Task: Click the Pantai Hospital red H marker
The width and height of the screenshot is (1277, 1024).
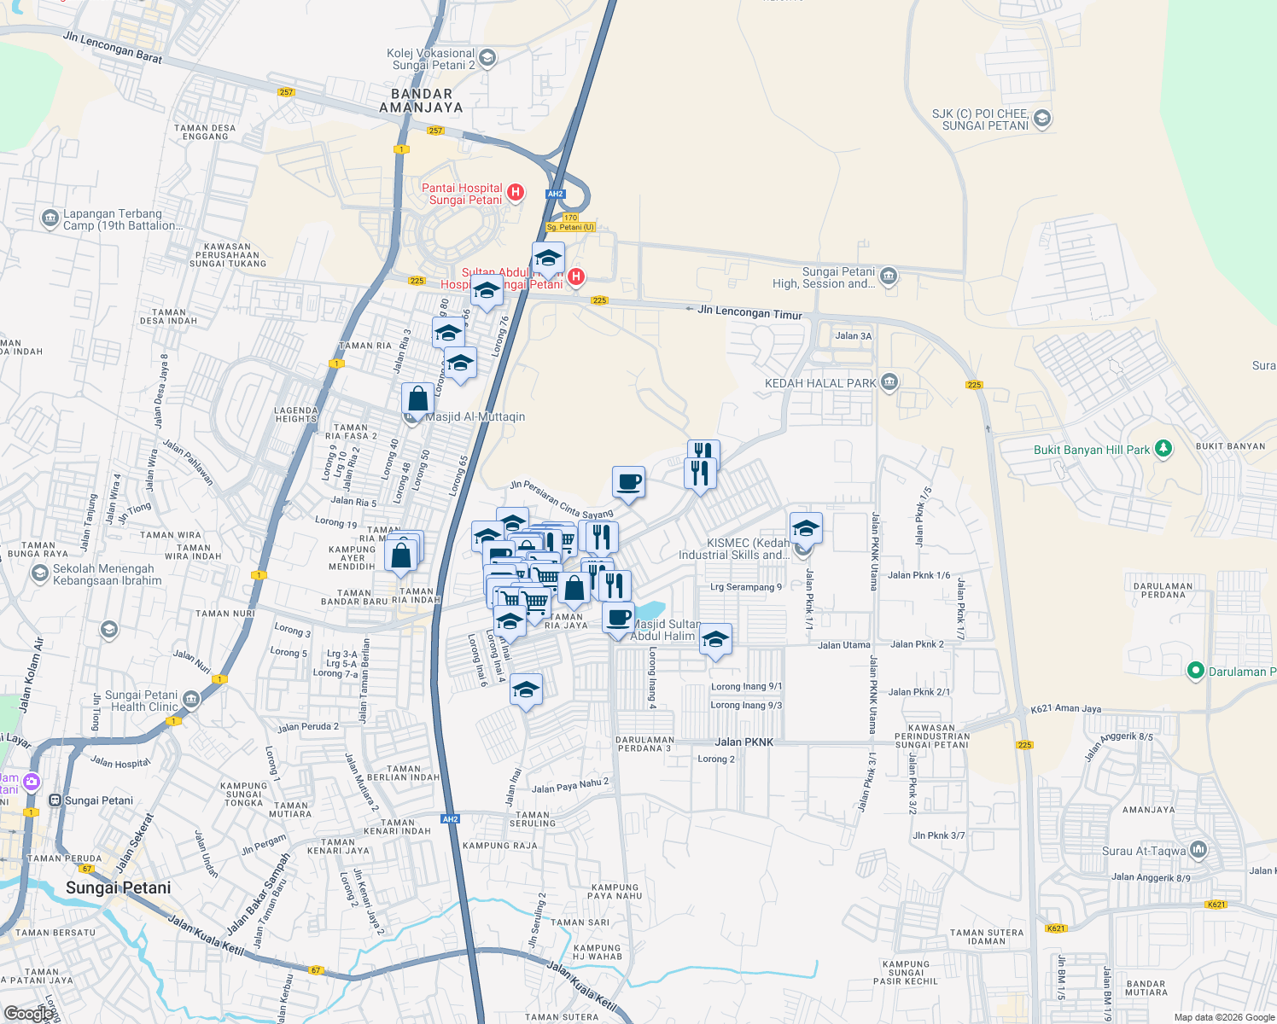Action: [x=516, y=192]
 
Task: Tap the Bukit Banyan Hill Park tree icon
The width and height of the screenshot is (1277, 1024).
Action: [x=1163, y=449]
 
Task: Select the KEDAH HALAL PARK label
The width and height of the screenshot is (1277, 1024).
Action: [x=820, y=383]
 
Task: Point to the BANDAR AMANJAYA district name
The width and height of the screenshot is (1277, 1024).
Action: [x=422, y=101]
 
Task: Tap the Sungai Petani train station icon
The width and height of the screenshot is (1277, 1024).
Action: [x=55, y=800]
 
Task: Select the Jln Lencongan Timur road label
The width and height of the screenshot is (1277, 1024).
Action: [x=749, y=312]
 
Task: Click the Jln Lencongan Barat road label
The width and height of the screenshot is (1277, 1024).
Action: [x=113, y=47]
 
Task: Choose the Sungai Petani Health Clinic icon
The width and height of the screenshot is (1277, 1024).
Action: [x=190, y=700]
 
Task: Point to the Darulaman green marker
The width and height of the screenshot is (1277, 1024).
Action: [x=1196, y=672]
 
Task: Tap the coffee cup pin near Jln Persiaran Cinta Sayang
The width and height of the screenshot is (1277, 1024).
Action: [x=628, y=482]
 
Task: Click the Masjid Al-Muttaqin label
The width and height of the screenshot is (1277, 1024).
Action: [x=475, y=416]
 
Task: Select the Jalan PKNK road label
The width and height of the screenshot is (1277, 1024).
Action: [x=744, y=742]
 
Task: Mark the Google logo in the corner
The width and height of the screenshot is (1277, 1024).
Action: [x=28, y=1014]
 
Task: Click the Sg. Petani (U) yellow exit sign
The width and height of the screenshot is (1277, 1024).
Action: [x=570, y=227]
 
